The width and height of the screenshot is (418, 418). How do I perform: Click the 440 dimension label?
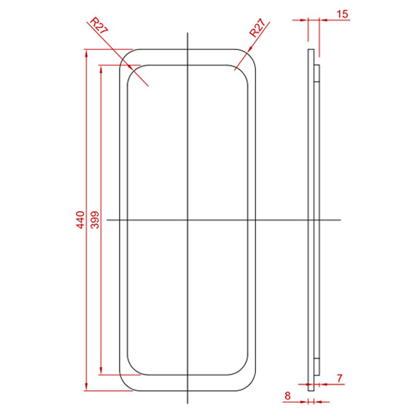[80, 219]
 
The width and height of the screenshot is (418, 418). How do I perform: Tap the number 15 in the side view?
[342, 14]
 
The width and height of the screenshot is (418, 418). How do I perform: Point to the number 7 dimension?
[340, 378]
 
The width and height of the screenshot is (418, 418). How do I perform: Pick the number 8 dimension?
[287, 396]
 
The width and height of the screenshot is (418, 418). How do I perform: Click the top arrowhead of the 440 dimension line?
[86, 52]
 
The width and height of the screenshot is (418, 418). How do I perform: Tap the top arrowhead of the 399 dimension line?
[101, 68]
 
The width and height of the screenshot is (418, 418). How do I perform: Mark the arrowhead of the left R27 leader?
[131, 68]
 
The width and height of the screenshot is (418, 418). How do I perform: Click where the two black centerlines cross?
[187, 220]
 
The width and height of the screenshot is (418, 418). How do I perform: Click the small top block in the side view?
[317, 73]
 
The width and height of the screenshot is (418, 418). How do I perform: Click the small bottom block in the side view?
[317, 366]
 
